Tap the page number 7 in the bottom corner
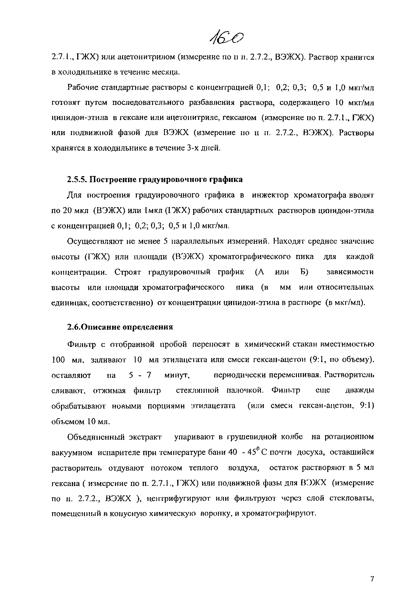372,579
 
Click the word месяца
166,72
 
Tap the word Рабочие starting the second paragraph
83,87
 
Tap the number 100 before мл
58,360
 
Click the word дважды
359,391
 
